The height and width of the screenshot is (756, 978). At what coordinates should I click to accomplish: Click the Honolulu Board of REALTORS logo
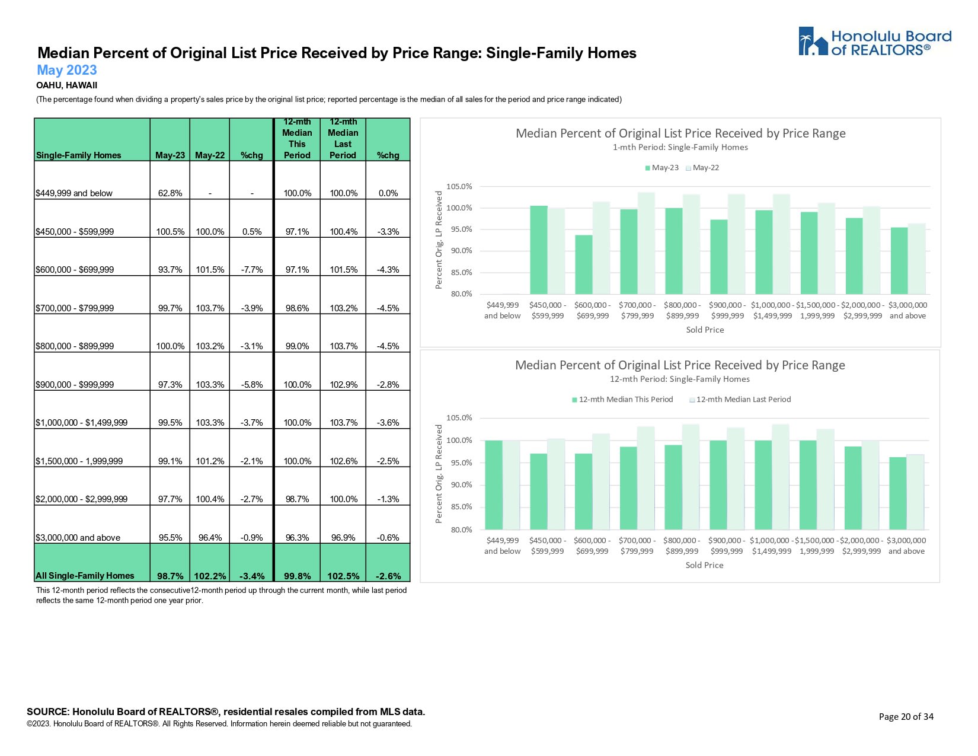click(874, 42)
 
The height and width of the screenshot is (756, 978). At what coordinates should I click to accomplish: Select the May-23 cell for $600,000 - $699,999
click(170, 270)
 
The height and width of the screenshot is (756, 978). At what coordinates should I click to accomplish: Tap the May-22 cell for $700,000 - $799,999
click(210, 308)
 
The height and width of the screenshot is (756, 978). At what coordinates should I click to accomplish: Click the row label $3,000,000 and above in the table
click(78, 538)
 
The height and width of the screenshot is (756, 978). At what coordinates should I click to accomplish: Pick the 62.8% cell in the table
click(170, 193)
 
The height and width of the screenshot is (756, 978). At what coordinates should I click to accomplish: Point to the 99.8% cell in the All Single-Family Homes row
click(297, 576)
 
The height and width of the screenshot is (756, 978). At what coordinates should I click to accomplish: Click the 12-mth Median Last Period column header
click(343, 139)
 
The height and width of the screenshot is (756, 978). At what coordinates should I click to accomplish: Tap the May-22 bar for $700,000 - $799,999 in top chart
click(646, 243)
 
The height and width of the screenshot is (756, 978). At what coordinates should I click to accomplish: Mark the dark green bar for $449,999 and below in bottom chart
click(493, 484)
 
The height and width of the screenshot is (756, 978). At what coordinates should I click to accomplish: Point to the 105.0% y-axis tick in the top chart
click(459, 187)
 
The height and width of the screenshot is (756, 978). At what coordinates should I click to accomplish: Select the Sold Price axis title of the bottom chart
click(704, 566)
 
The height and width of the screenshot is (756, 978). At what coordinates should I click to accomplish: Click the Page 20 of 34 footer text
click(906, 717)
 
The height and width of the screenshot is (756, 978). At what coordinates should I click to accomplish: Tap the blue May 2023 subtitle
click(66, 71)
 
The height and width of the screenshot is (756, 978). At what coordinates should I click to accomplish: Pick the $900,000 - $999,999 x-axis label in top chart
click(727, 310)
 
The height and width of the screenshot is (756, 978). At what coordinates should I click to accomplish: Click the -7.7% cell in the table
click(252, 270)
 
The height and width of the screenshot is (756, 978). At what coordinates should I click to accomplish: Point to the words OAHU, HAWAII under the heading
click(66, 85)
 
